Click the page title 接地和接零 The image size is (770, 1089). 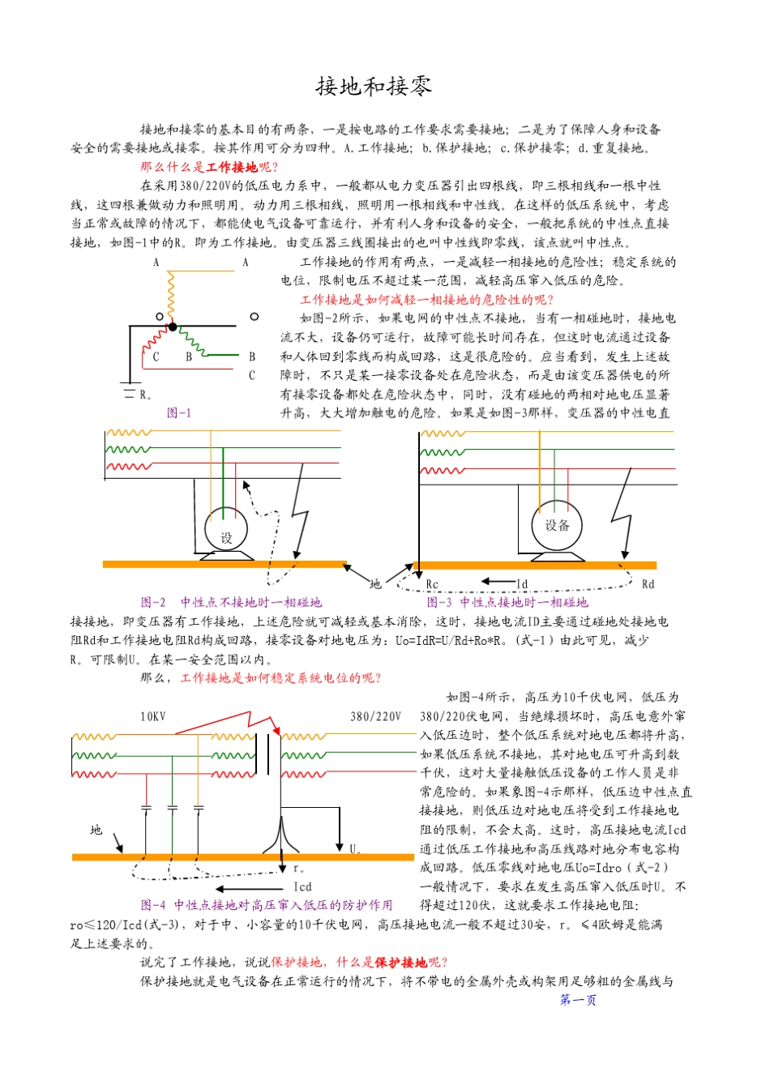(x=374, y=87)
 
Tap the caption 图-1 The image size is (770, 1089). (x=179, y=413)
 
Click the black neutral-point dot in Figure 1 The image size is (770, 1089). (x=173, y=327)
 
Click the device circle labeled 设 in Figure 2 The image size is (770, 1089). (x=226, y=532)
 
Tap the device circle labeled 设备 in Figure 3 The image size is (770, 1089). (x=557, y=526)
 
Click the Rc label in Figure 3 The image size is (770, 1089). (x=432, y=585)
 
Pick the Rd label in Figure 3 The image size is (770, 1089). (x=648, y=584)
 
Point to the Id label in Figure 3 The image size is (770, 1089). (x=522, y=584)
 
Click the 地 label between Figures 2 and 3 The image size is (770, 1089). (x=375, y=583)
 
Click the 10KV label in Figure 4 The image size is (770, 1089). (x=153, y=716)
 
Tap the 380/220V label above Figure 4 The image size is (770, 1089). (x=375, y=716)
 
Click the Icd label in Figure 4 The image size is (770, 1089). (x=302, y=887)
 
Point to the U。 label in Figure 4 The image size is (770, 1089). (x=355, y=849)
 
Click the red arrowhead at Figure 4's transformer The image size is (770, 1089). (x=276, y=731)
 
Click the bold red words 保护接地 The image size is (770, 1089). (x=400, y=963)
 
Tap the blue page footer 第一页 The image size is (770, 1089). (x=578, y=1001)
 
